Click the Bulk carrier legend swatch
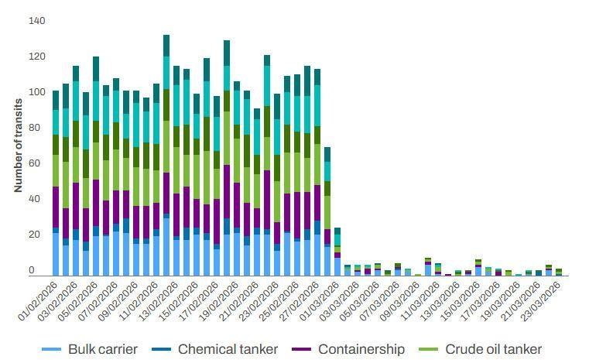tap(51, 349)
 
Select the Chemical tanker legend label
tap(228, 349)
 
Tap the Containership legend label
tap(361, 349)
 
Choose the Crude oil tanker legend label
tap(493, 349)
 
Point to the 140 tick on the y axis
tap(37, 21)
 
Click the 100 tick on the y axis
tap(37, 92)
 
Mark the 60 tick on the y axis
tap(37, 163)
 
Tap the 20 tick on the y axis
tap(37, 235)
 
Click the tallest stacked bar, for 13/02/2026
tap(166, 155)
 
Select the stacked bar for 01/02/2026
tap(56, 182)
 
